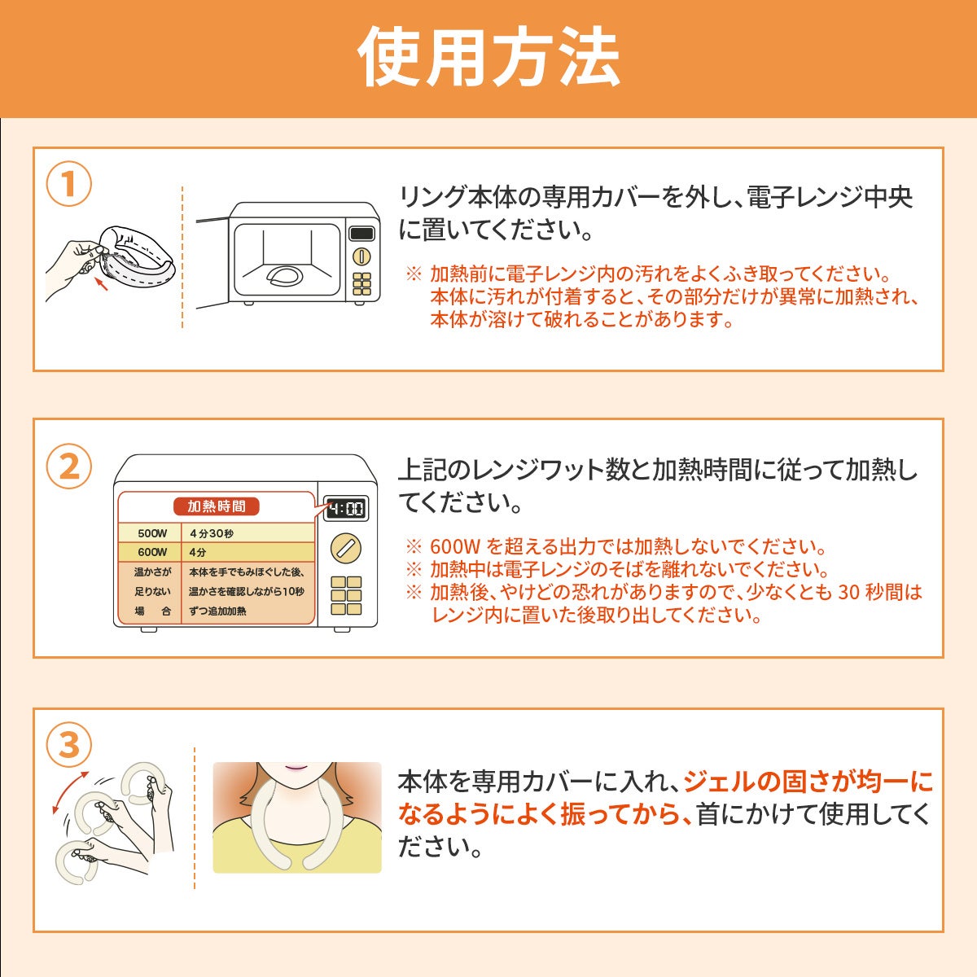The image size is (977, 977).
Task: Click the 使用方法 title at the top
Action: point(488,57)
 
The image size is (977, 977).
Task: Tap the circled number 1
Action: point(69,183)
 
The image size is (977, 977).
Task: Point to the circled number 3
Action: point(69,744)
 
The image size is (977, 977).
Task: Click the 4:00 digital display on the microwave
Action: point(346,508)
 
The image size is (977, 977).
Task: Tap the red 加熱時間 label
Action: point(217,506)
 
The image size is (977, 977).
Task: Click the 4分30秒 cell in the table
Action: point(211,533)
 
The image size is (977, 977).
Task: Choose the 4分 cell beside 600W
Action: point(197,552)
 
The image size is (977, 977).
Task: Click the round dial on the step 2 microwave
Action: point(346,548)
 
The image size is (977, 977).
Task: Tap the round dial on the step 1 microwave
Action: point(361,256)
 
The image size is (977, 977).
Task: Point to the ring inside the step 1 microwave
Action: point(285,276)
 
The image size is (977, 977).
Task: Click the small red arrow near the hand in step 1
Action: point(102,284)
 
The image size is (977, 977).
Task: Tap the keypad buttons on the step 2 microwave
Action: point(346,595)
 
